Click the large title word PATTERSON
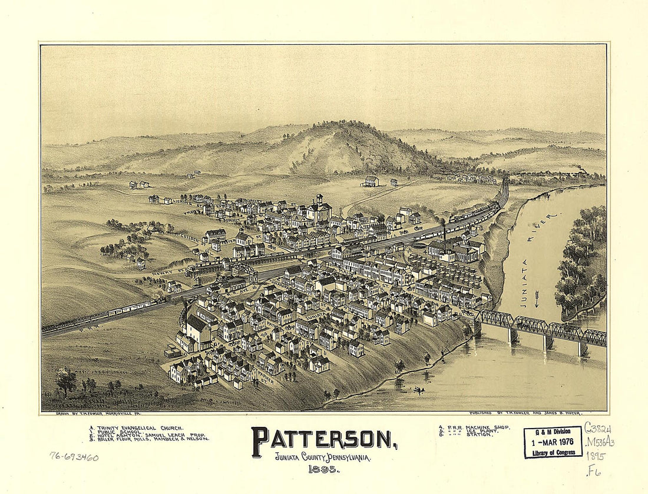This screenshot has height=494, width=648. click(323, 440)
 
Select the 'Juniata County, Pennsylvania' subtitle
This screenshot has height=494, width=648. click(322, 457)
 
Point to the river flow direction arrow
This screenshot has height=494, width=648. click(536, 299)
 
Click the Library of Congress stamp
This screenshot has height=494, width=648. click(553, 442)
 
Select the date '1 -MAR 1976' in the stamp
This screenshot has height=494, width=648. click(553, 442)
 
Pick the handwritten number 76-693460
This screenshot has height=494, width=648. click(74, 456)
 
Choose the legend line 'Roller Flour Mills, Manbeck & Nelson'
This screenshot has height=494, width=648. click(149, 439)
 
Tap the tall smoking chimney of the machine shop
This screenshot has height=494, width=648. click(444, 236)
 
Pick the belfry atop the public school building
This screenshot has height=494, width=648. click(319, 199)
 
